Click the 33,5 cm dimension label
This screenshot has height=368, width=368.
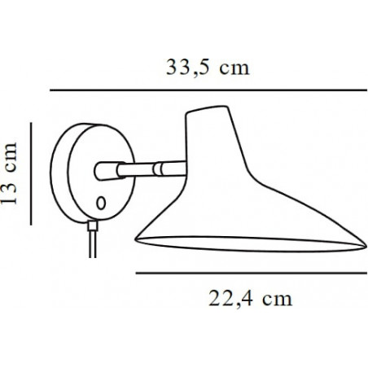(x=208, y=68)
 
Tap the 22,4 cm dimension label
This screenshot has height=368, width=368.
(x=251, y=299)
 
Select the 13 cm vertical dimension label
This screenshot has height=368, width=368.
(x=9, y=173)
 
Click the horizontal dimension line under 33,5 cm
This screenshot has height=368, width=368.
(x=208, y=90)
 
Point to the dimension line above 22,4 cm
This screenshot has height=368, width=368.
(x=252, y=273)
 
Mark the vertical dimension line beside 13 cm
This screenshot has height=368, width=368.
(x=31, y=173)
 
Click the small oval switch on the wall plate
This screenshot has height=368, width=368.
(x=101, y=203)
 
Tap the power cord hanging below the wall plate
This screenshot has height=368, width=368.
(x=93, y=244)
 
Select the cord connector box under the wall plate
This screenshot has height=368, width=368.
(x=93, y=226)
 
